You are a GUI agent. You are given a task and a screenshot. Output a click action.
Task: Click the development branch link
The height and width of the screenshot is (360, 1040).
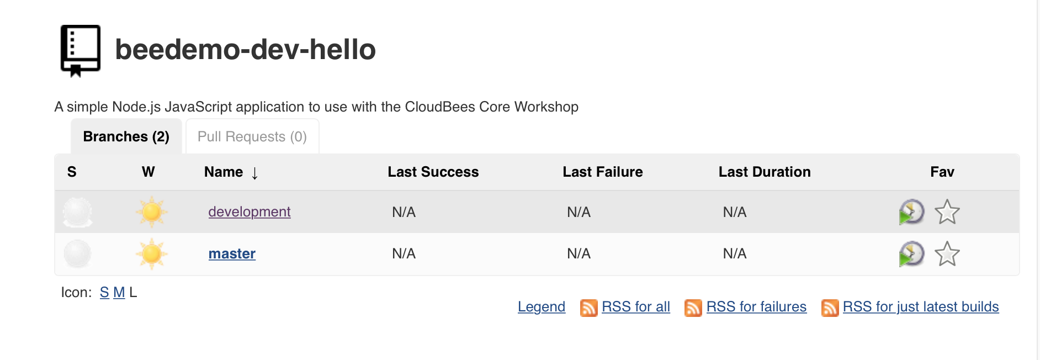tap(250, 212)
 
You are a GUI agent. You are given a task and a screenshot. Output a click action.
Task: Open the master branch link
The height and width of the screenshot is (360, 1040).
tap(232, 254)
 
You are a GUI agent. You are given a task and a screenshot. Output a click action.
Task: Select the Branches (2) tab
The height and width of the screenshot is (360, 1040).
tap(126, 136)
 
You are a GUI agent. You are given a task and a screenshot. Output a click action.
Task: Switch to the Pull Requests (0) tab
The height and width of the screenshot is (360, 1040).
tap(252, 136)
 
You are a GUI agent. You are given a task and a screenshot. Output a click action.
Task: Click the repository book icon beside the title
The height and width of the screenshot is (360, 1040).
tap(81, 50)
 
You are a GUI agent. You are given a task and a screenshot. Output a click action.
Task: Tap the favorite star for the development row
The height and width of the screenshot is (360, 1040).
tap(947, 212)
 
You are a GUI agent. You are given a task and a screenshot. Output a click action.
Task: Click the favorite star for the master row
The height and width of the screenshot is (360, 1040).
tap(947, 254)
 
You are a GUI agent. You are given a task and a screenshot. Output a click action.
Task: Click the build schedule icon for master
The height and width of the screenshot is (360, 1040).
tap(911, 254)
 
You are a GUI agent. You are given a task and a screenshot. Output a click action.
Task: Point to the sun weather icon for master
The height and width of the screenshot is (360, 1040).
tap(151, 254)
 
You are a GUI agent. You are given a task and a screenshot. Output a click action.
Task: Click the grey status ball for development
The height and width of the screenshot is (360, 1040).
tap(77, 212)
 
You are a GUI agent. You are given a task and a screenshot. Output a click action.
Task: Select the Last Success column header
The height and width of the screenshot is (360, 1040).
tap(433, 172)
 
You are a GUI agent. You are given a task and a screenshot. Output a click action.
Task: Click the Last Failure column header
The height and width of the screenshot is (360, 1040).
tap(603, 172)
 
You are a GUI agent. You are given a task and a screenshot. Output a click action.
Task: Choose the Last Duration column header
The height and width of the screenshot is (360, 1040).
tap(765, 172)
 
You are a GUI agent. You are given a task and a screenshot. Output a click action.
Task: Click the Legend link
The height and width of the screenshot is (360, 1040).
tap(542, 307)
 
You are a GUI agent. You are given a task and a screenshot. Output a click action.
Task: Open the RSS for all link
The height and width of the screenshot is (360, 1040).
tap(636, 307)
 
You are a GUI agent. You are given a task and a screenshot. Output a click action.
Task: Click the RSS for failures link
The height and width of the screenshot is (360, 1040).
tap(756, 307)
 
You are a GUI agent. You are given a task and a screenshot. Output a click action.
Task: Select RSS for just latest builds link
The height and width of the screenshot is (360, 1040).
tap(921, 307)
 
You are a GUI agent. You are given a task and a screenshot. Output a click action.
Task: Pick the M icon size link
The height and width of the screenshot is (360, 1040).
tap(119, 293)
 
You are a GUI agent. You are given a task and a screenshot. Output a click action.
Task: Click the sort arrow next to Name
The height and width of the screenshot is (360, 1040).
tap(254, 173)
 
